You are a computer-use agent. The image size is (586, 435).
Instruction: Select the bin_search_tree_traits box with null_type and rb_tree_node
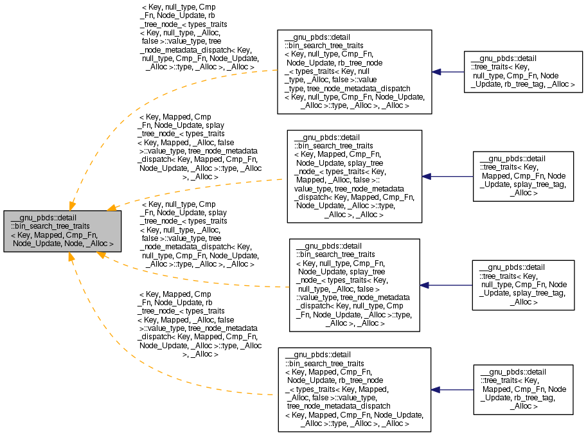pyautogui.click(x=353, y=72)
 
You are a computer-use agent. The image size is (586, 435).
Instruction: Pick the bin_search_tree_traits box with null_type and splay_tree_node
pyautogui.click(x=354, y=285)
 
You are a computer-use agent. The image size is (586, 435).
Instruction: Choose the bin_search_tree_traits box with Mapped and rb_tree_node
pyautogui.click(x=353, y=389)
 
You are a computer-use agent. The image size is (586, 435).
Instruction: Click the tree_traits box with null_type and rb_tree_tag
pyautogui.click(x=523, y=72)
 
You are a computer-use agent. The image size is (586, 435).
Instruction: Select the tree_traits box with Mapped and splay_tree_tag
pyautogui.click(x=522, y=176)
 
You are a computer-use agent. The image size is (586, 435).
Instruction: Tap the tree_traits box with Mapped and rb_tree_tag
pyautogui.click(x=522, y=389)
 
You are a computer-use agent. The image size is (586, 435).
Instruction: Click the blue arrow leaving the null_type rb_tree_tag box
pyautogui.click(x=448, y=72)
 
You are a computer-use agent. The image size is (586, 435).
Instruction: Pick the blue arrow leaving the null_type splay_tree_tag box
pyautogui.click(x=446, y=285)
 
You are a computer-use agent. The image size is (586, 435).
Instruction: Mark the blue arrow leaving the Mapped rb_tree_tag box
pyautogui.click(x=452, y=389)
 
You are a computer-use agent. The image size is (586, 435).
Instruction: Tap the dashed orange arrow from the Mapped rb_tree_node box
pyautogui.click(x=129, y=360)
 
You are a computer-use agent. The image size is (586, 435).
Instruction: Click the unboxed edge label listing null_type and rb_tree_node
pyautogui.click(x=198, y=37)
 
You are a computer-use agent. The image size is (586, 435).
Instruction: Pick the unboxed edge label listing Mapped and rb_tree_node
pyautogui.click(x=199, y=324)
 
